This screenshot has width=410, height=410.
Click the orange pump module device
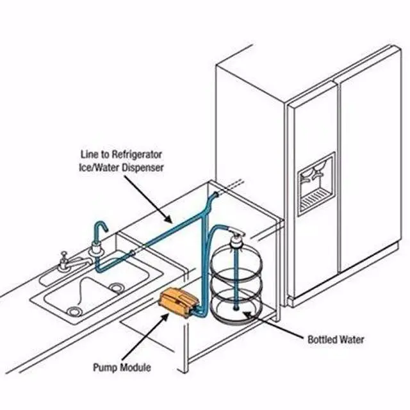179,301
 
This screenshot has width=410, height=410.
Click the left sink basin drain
76,311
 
